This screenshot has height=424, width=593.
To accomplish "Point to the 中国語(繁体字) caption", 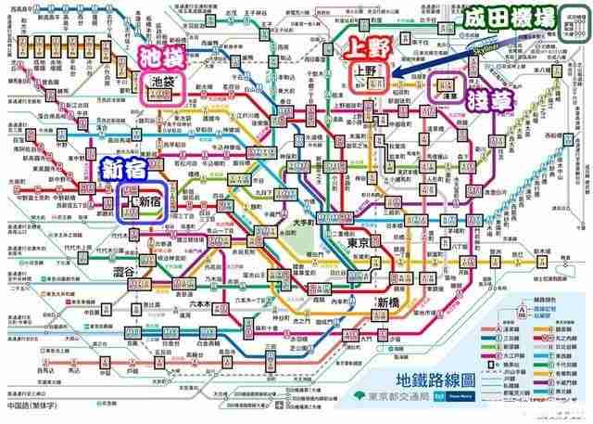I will click(x=32, y=406).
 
